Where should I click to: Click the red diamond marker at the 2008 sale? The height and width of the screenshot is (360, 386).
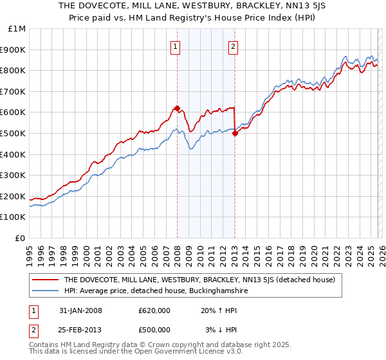click(x=177, y=108)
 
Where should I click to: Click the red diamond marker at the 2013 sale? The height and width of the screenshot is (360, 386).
click(x=235, y=133)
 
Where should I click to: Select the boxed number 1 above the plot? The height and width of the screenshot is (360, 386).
click(x=176, y=46)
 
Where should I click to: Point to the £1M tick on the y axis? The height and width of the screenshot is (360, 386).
click(x=18, y=29)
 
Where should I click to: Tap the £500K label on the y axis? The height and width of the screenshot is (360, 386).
click(x=14, y=134)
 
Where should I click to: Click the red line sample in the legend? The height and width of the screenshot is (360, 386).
click(x=45, y=280)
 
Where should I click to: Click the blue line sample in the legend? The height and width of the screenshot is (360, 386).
click(x=45, y=291)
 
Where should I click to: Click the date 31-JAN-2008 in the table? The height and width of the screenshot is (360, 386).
click(x=80, y=310)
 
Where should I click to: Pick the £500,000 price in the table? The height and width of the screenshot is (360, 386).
click(x=154, y=330)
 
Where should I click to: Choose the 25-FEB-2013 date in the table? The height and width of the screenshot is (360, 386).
click(x=80, y=330)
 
